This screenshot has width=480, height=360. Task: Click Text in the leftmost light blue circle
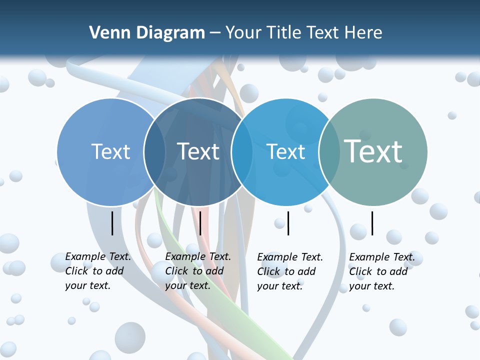pyautogui.click(x=110, y=151)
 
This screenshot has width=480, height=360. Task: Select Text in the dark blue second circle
pyautogui.click(x=198, y=151)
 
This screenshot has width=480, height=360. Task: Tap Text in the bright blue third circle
pyautogui.click(x=285, y=151)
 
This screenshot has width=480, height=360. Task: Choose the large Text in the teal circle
pyautogui.click(x=373, y=151)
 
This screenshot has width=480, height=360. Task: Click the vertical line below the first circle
pyautogui.click(x=112, y=223)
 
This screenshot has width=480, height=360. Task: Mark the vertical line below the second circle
pyautogui.click(x=200, y=223)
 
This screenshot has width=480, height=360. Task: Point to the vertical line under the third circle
pyautogui.click(x=288, y=223)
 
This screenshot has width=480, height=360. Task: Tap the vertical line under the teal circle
pyautogui.click(x=372, y=223)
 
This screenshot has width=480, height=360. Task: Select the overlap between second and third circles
pyautogui.click(x=242, y=152)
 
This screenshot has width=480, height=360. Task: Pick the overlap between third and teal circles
pyautogui.click(x=328, y=152)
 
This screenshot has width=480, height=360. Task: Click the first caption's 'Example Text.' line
pyautogui.click(x=98, y=256)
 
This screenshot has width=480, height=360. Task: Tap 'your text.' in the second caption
pyautogui.click(x=187, y=285)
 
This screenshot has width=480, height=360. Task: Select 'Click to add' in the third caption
pyautogui.click(x=286, y=271)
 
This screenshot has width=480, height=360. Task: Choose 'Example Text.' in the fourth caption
pyautogui.click(x=382, y=257)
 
